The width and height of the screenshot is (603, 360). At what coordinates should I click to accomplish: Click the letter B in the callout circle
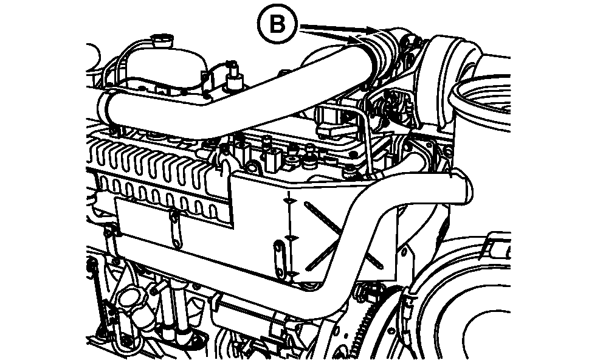[278, 25]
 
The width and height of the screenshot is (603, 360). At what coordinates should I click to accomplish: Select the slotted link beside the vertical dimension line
[279, 257]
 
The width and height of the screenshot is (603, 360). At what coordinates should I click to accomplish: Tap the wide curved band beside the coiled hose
[448, 81]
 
